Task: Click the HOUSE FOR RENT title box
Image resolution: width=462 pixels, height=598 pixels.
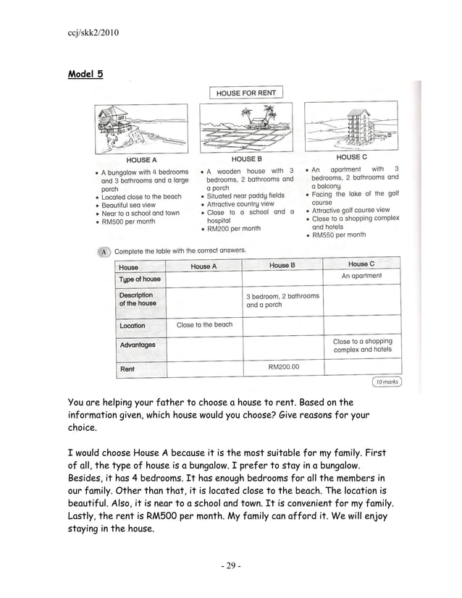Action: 246,93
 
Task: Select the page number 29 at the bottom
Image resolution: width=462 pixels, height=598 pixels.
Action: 230,565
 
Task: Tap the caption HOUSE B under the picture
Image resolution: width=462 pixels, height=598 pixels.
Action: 246,159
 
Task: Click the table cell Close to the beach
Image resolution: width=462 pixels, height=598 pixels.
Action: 204,325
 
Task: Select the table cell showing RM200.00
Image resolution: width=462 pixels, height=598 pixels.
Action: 283,367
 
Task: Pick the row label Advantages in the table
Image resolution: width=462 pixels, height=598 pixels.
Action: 138,345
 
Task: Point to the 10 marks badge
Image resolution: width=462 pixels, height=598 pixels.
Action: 386,382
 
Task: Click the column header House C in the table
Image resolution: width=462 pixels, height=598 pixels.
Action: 361,265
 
